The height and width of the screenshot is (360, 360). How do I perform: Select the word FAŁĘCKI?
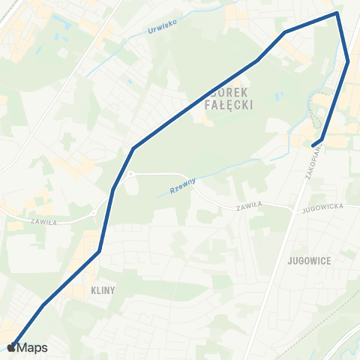click(x=229, y=106)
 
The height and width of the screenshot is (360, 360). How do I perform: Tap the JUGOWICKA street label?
click(x=321, y=204)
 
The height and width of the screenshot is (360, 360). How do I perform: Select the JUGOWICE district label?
click(x=309, y=259)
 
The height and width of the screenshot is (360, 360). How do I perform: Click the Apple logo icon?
click(x=10, y=347)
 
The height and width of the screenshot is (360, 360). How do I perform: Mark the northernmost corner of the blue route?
click(x=337, y=13)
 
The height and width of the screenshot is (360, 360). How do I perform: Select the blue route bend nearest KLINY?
click(x=99, y=251)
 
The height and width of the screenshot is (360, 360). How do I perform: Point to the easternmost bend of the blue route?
click(x=349, y=61)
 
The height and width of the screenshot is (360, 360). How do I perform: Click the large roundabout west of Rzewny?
click(x=130, y=174)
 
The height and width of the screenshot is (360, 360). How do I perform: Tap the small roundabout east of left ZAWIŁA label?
click(x=93, y=213)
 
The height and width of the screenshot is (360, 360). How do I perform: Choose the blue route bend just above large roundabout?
click(x=133, y=148)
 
